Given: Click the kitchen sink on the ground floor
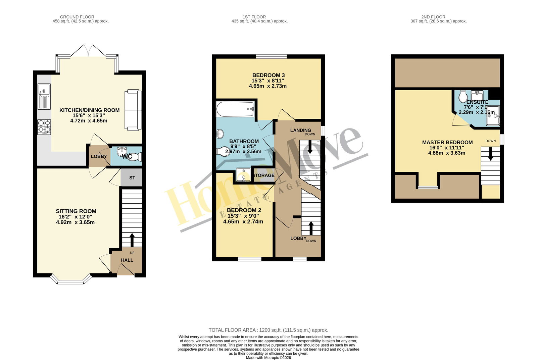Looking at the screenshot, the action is [44, 96].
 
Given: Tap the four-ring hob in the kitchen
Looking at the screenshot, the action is [44, 127].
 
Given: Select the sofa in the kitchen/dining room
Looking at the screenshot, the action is [133, 110].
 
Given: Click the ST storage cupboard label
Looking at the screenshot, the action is [132, 178].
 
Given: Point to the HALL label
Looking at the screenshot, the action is [127, 260].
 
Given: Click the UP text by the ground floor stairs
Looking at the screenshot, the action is [132, 253].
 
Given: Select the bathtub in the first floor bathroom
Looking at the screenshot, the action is [235, 109].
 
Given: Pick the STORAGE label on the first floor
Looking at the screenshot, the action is [263, 175].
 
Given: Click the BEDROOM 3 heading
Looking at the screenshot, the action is [268, 75].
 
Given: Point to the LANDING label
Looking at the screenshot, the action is [301, 130].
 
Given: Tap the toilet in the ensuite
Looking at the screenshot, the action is [463, 97].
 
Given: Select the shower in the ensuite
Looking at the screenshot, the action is [493, 116].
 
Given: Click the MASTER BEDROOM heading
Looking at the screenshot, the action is [447, 142].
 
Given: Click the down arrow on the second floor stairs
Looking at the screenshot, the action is [490, 154].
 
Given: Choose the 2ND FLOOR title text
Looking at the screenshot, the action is [433, 17].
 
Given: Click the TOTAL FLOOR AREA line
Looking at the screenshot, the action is [268, 330].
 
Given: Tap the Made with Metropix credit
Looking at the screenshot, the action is [268, 358].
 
